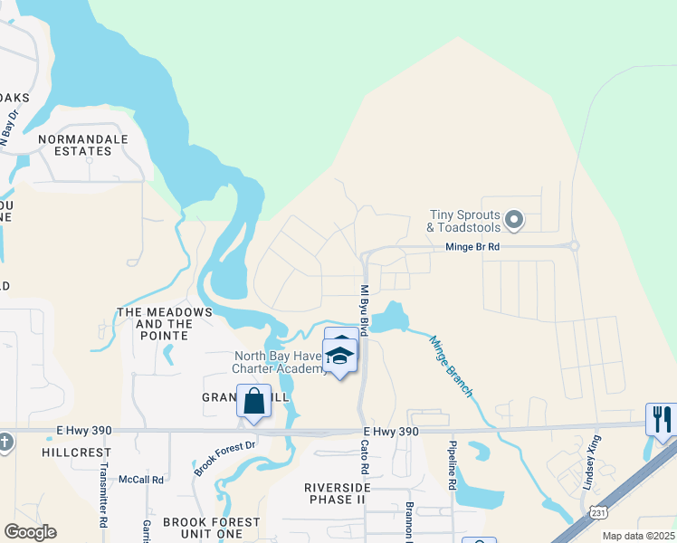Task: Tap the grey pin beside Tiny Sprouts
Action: [514, 219]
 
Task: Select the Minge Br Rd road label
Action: [472, 246]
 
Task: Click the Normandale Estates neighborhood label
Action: [82, 146]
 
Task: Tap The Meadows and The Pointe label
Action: [164, 324]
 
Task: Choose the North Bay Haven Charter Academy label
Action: [280, 362]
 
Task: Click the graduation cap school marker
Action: [340, 357]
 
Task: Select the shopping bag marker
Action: [254, 401]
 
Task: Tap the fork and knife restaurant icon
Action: [663, 419]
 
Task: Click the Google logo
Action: [30, 532]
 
